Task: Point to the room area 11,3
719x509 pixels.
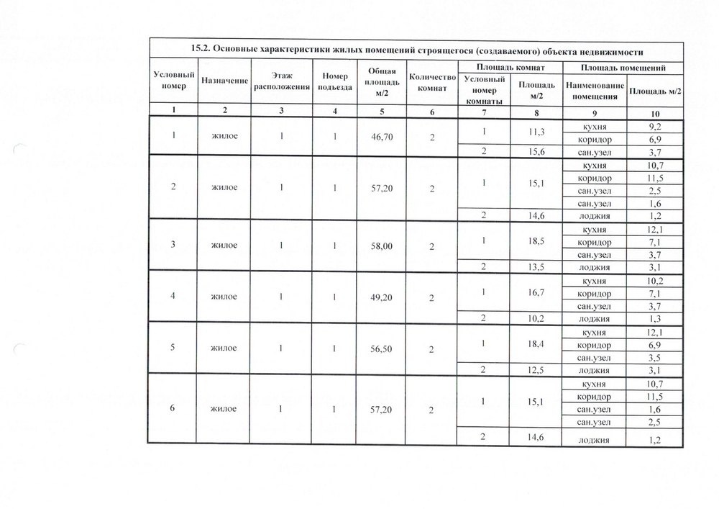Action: point(534,132)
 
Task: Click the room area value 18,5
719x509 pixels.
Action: point(534,240)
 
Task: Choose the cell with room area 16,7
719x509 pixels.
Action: point(534,292)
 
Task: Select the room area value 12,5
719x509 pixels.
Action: point(534,370)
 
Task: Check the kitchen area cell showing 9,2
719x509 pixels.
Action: point(654,126)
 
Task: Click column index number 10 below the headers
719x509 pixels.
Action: point(654,112)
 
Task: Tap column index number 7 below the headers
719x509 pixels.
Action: point(484,112)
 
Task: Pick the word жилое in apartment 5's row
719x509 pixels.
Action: point(224,348)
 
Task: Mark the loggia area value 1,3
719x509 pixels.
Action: point(654,319)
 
